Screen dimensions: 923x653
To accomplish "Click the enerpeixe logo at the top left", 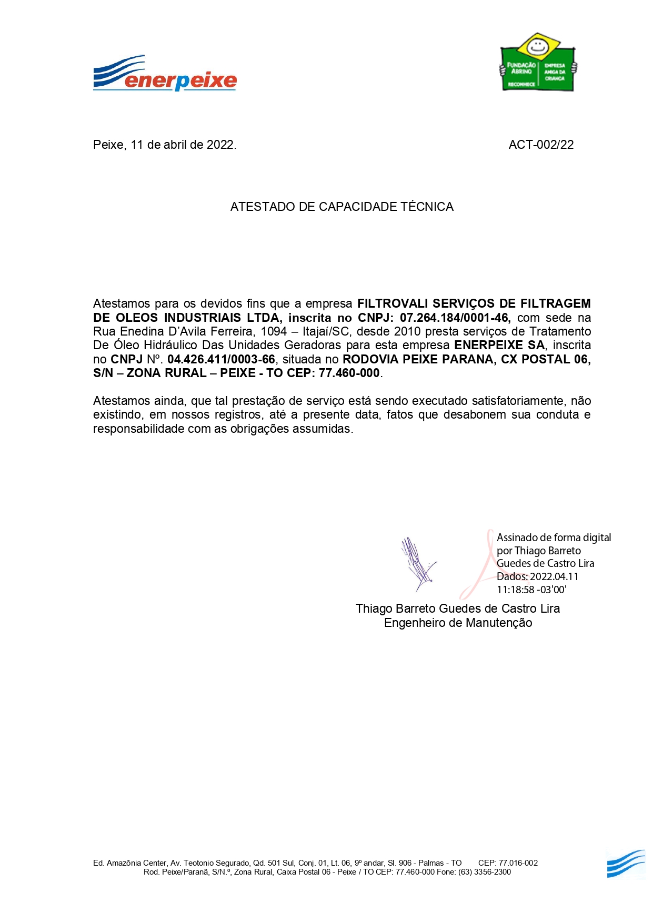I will click(x=165, y=74).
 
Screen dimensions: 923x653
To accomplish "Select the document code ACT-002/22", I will click(x=541, y=145).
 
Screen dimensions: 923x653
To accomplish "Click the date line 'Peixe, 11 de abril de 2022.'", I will click(x=165, y=145).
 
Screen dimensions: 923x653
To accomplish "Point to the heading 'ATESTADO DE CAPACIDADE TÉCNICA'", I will click(x=341, y=207).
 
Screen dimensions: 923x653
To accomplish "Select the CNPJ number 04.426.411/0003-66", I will click(x=221, y=360).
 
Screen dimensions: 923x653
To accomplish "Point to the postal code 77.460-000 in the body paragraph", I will click(x=349, y=373).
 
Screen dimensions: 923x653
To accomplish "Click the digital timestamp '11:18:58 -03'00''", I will click(x=531, y=590).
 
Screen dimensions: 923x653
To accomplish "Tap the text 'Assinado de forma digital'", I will click(x=554, y=537).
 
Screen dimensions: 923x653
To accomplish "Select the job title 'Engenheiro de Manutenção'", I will click(x=458, y=623).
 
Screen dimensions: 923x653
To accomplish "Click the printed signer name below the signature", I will click(x=457, y=609).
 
